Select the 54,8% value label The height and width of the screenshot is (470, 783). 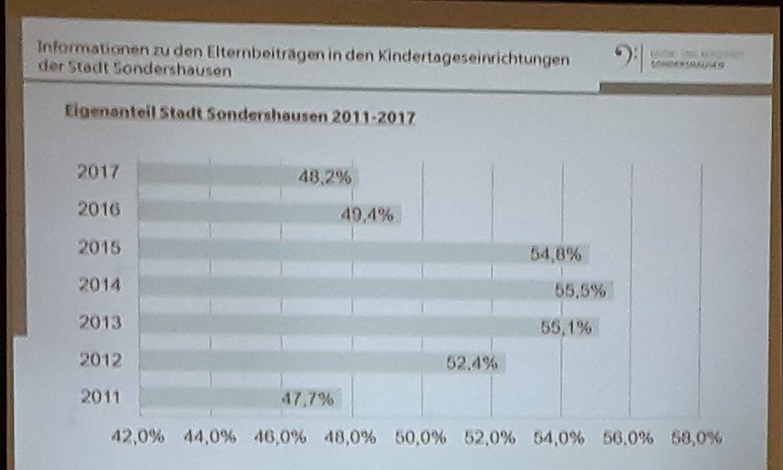tap(556, 254)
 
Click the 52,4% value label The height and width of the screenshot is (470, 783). tap(472, 363)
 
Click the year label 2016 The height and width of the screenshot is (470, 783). tap(101, 209)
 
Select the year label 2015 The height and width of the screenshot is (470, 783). tap(101, 247)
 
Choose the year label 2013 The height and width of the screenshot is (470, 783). tap(101, 322)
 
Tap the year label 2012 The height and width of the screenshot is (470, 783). tap(101, 360)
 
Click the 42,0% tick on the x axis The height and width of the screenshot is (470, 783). tap(138, 437)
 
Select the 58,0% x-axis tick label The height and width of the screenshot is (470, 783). tap(695, 437)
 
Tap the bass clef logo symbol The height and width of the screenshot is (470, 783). tap(624, 57)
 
